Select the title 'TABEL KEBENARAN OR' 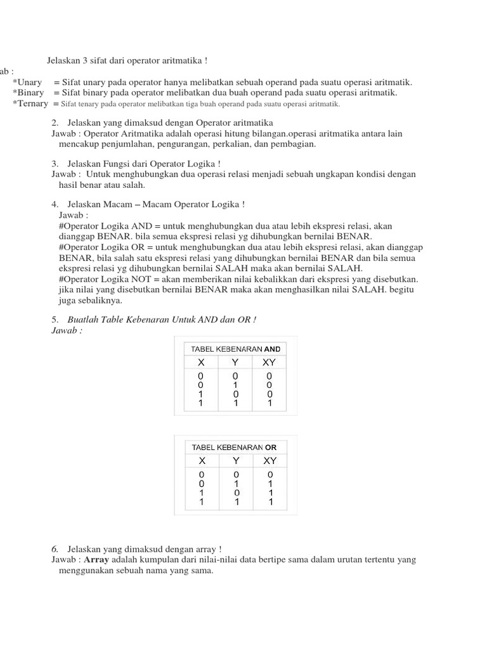click(x=234, y=447)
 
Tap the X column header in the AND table click(x=201, y=362)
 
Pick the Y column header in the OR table click(x=235, y=461)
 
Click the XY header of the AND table click(x=269, y=362)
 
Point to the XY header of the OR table click(x=269, y=461)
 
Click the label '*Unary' click(x=27, y=83)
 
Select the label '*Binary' click(x=29, y=93)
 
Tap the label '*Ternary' click(x=30, y=103)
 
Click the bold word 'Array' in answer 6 click(x=96, y=560)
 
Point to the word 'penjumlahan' click(x=127, y=144)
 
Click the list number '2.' click(x=55, y=123)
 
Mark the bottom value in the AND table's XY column click(x=269, y=402)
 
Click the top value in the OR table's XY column click(x=269, y=475)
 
